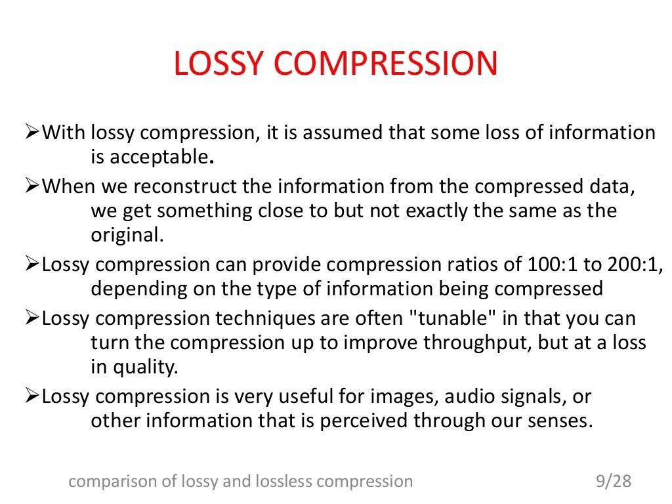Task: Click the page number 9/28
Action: pos(613,482)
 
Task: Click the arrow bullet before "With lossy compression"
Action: pos(33,133)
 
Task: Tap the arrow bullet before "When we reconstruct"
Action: pos(33,186)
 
